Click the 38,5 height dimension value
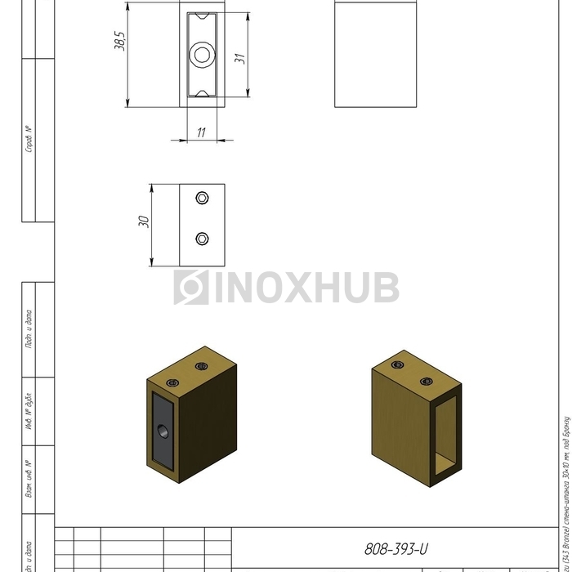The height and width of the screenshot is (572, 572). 118,43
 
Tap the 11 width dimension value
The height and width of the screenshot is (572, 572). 201,132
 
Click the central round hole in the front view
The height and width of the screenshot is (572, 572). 201,56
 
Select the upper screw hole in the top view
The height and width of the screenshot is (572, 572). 203,199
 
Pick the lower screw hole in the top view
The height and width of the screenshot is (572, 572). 203,239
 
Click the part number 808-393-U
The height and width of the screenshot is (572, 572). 395,548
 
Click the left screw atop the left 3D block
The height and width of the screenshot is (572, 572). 172,382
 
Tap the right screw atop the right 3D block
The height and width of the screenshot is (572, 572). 426,382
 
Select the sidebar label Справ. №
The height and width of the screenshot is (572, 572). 29,140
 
